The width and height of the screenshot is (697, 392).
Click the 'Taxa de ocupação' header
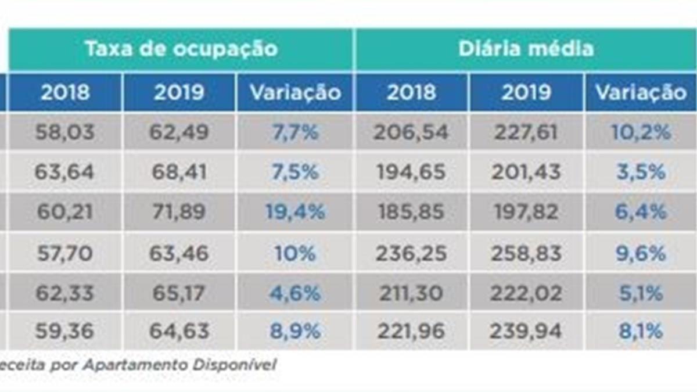[181, 49]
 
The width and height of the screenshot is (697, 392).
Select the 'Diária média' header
[526, 49]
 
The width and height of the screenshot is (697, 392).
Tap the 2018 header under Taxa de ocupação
[64, 92]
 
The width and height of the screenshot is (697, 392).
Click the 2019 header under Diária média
[526, 92]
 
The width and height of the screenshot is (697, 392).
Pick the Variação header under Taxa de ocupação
[294, 92]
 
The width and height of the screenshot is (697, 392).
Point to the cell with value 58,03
[64, 132]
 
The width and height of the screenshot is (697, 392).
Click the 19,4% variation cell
[295, 212]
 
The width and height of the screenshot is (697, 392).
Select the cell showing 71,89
[179, 212]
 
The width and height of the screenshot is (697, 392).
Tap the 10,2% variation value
[641, 132]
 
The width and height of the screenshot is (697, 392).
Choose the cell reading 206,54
[412, 132]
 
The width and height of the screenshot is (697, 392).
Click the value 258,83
[526, 253]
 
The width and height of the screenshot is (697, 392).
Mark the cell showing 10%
[295, 253]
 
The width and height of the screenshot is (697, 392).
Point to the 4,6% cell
[295, 293]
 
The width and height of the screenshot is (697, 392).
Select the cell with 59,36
[64, 332]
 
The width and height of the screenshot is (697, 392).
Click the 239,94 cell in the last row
[526, 332]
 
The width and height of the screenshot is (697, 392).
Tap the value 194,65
[412, 172]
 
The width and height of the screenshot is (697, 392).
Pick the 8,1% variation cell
[641, 332]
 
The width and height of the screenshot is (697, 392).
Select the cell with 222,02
[526, 293]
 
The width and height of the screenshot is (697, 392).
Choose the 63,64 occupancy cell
[64, 172]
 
